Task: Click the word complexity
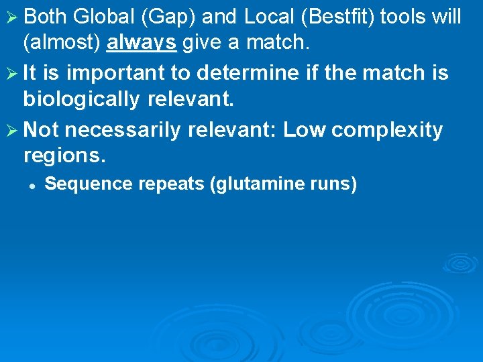coord(387,129)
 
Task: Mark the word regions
coord(64,156)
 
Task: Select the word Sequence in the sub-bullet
coord(79,184)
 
